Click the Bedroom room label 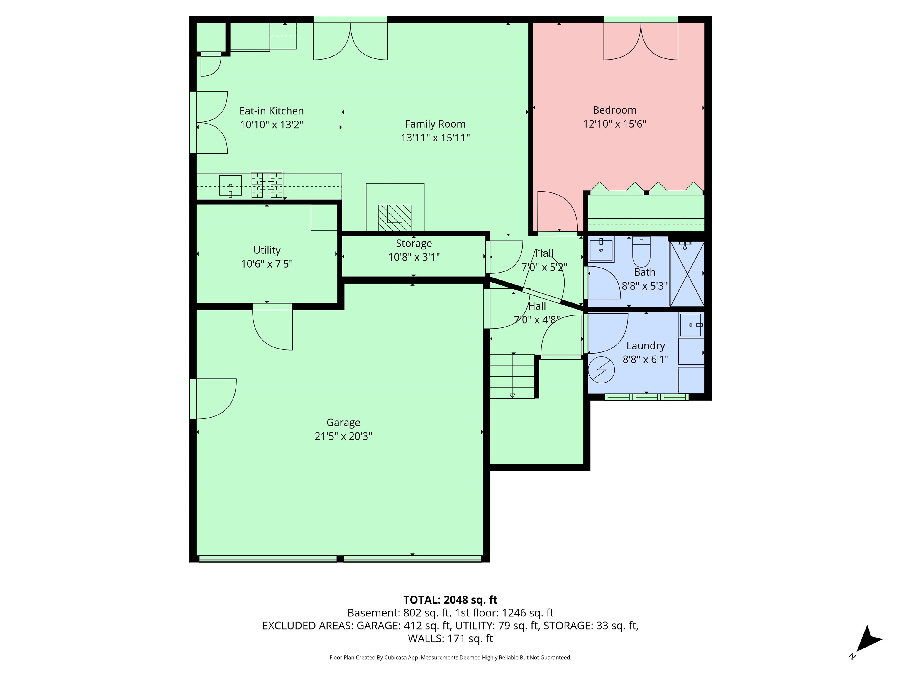(x=614, y=110)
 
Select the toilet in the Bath (x=641, y=253)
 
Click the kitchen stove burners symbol (x=267, y=185)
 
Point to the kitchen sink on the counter (x=230, y=186)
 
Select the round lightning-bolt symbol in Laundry (x=601, y=370)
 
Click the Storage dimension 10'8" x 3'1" (x=414, y=257)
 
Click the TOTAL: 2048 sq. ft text (x=450, y=600)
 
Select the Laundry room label (x=646, y=346)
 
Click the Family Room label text (x=435, y=124)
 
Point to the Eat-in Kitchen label (x=271, y=111)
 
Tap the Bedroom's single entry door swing (x=556, y=212)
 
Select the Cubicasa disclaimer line (x=450, y=657)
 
